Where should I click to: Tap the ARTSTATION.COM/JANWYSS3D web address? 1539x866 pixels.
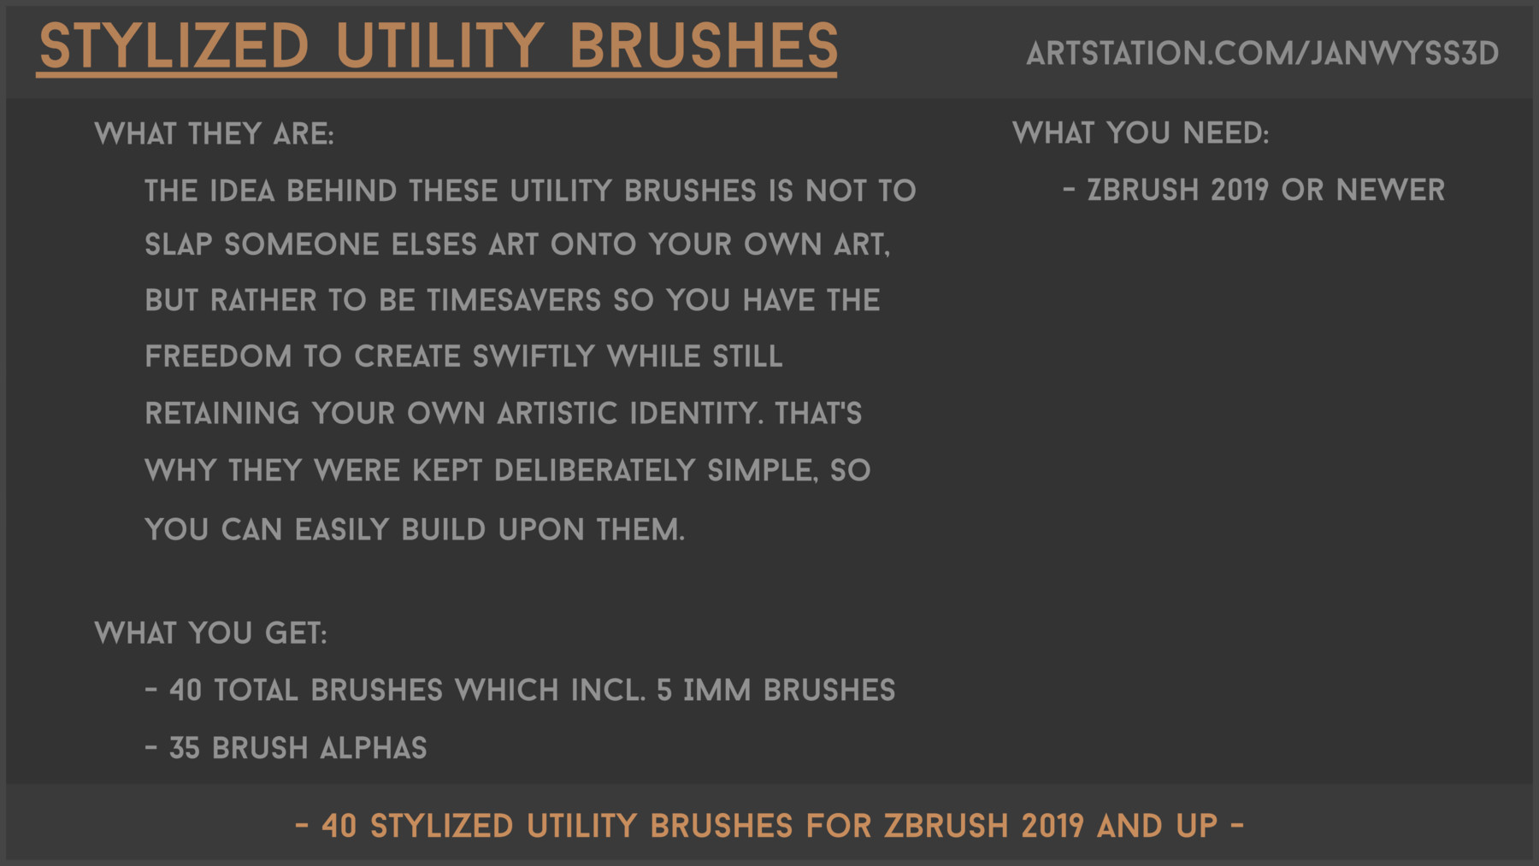[1262, 54]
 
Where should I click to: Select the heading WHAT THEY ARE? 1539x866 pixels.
[214, 134]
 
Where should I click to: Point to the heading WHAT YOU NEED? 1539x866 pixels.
[1141, 133]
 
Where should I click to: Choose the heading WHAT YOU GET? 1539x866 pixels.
[210, 633]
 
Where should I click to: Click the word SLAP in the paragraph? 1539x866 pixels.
[178, 245]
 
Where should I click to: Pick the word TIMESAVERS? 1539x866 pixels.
[514, 301]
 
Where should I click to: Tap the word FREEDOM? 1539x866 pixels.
[218, 356]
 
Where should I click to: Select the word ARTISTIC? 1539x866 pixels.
[557, 414]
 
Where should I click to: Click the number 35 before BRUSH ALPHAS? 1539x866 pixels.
[184, 749]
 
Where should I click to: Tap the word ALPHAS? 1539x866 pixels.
[373, 749]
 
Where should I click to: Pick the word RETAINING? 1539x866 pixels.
[222, 414]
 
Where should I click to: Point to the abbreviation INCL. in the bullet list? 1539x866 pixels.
[608, 691]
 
